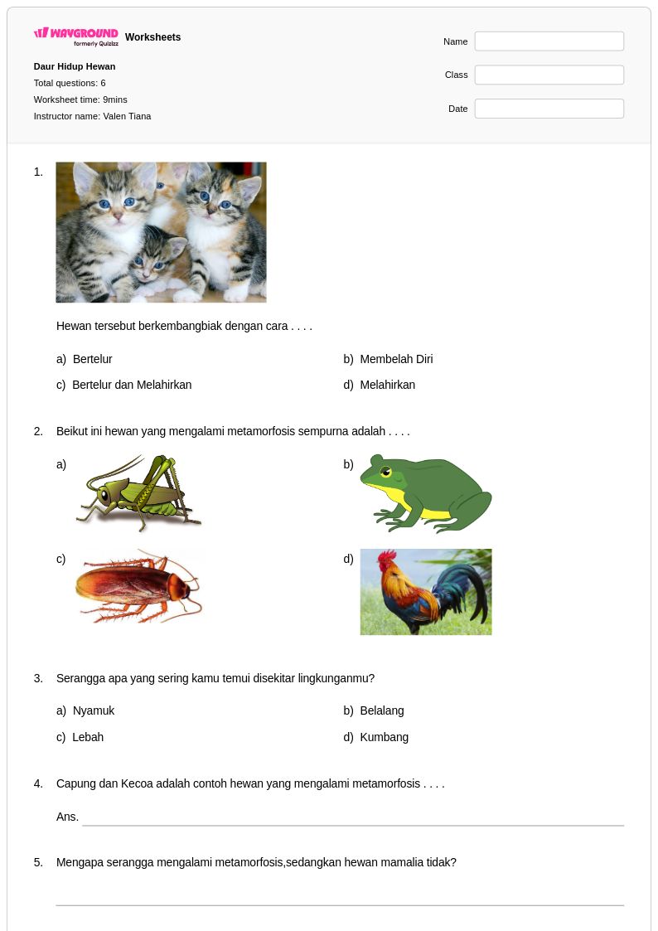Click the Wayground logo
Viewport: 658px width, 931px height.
(76, 36)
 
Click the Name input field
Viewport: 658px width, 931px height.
(549, 41)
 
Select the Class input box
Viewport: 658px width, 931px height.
(549, 75)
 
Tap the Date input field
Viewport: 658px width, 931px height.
(549, 109)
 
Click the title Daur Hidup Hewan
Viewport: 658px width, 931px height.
(74, 66)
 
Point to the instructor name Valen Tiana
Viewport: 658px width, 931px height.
(127, 116)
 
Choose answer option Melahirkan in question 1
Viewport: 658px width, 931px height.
(388, 385)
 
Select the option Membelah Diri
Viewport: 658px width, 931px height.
(396, 359)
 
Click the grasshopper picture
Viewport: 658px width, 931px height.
(139, 492)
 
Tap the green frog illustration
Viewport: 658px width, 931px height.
(426, 492)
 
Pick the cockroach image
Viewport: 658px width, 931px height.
(139, 587)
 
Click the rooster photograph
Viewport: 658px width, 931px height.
(426, 592)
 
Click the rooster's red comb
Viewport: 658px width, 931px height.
(387, 557)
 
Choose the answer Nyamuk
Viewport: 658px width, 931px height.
(94, 710)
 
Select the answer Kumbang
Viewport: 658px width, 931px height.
(384, 738)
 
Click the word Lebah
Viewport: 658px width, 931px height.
(88, 738)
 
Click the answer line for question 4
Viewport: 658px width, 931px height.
(353, 826)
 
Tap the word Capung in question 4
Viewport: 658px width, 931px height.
(76, 783)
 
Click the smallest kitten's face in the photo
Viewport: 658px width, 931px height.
(149, 261)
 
